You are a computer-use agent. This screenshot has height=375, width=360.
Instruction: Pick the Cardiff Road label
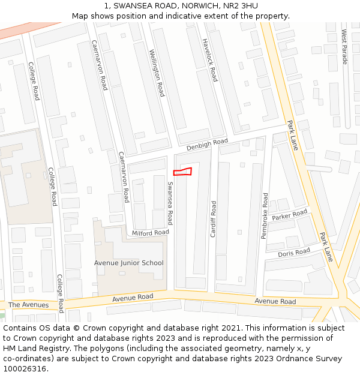tap(213, 219)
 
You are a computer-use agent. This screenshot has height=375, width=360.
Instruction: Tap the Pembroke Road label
tap(264, 216)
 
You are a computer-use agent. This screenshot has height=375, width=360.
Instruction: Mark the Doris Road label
tap(294, 253)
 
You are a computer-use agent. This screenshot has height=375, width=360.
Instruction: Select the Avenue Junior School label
tap(128, 263)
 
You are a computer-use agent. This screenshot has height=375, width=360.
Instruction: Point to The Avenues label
tap(29, 305)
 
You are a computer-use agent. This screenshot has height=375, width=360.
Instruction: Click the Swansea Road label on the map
tap(170, 203)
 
